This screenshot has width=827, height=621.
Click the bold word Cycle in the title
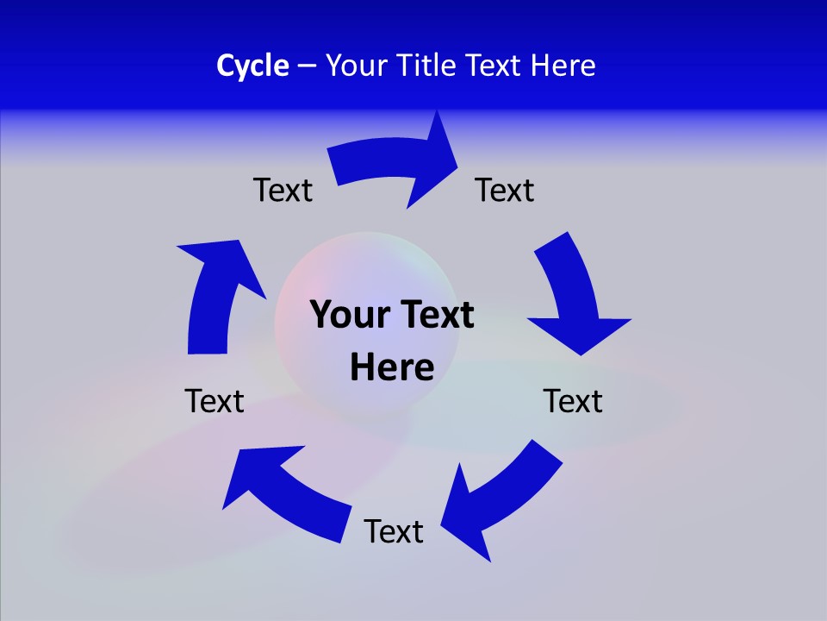coord(252,66)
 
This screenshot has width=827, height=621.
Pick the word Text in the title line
coord(496,66)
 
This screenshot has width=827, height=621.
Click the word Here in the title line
coord(563,66)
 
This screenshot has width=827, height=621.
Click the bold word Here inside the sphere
coord(392,367)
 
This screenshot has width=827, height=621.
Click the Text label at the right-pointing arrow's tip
coord(505,190)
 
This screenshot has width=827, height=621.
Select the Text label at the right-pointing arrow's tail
coord(283,190)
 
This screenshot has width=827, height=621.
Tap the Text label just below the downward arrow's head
coord(573,401)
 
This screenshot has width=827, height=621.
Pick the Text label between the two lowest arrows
coord(394,531)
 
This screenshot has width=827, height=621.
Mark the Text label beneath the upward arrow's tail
coord(215,401)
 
